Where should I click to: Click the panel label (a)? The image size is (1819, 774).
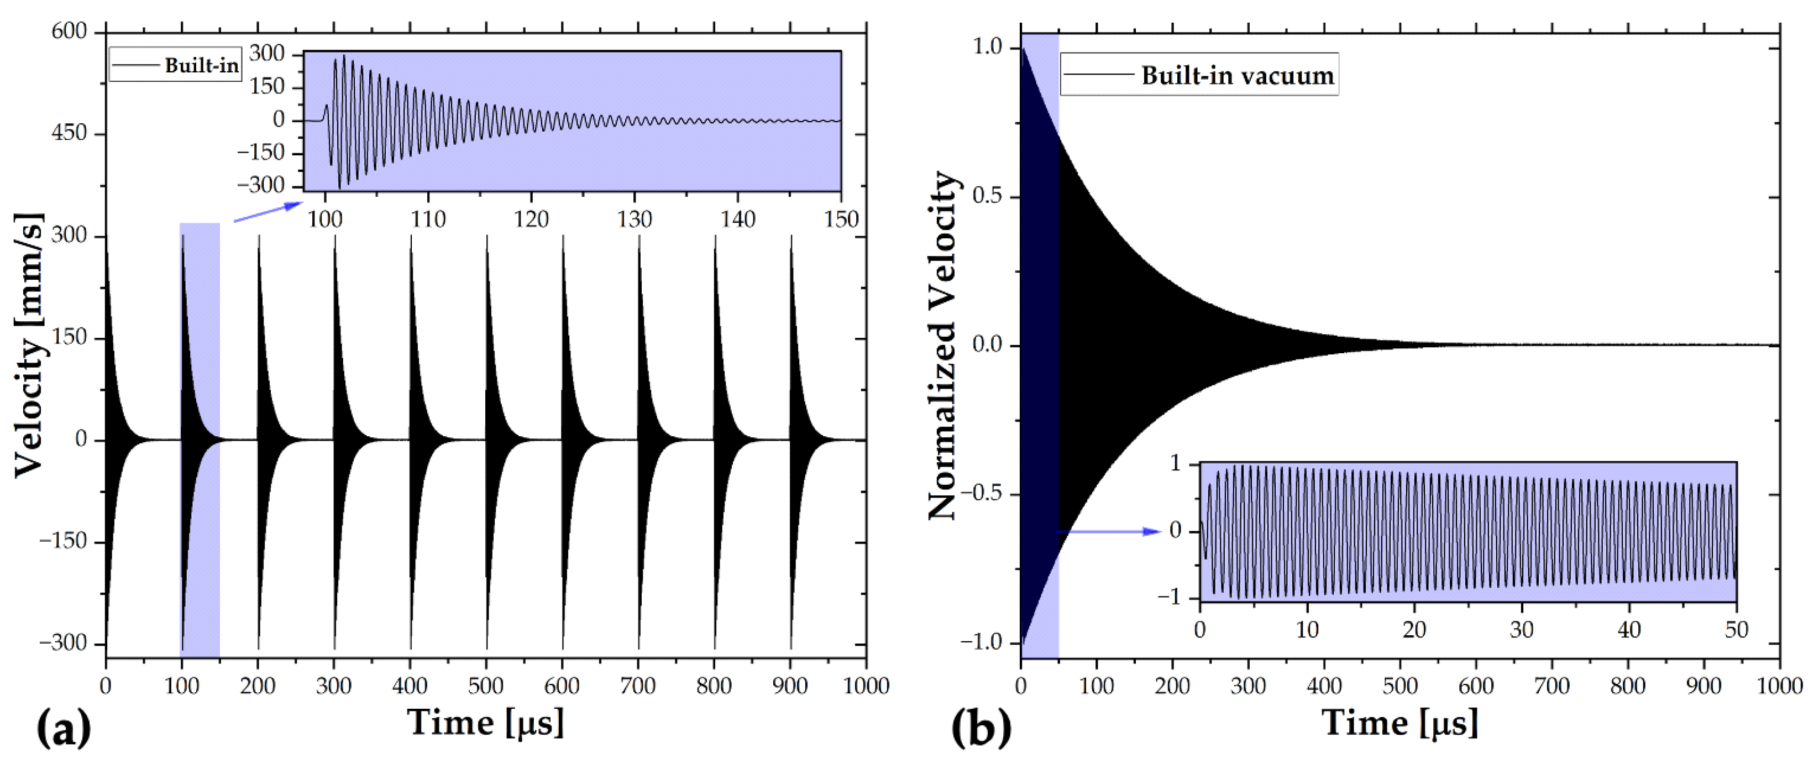[x=64, y=728]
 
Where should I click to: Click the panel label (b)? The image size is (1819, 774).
[x=981, y=728]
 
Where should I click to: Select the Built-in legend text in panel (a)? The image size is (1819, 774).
[x=201, y=66]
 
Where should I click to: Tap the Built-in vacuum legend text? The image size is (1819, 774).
[x=1237, y=75]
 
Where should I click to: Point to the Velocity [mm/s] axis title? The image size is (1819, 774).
[x=30, y=344]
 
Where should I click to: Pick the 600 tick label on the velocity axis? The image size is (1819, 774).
[x=69, y=31]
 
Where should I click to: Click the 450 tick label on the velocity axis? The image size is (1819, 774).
[x=69, y=133]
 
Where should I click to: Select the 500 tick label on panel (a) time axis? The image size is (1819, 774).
[x=486, y=685]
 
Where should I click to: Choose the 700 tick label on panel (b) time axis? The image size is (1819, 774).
[x=1552, y=685]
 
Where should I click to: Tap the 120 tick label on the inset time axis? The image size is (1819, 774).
[x=531, y=219]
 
